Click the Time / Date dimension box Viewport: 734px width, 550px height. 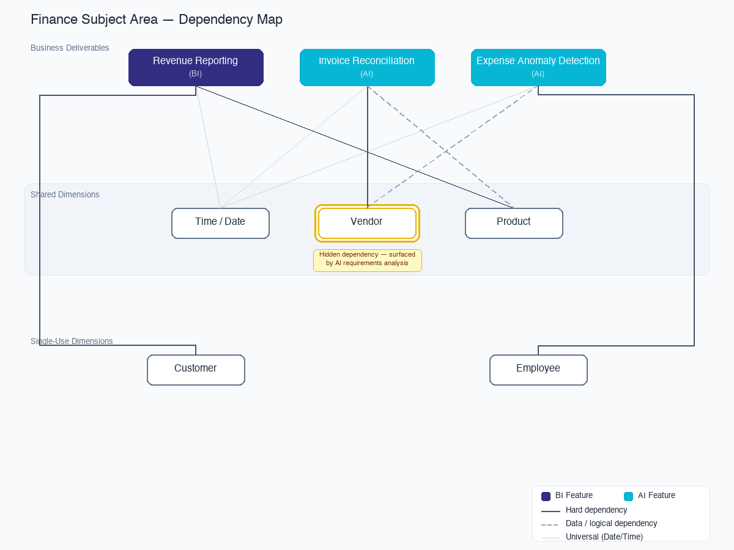(x=220, y=223)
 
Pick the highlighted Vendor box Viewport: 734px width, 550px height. (x=367, y=223)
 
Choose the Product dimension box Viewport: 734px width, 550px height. (x=514, y=223)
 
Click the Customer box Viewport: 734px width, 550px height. (x=196, y=370)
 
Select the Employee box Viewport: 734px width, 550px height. (x=538, y=370)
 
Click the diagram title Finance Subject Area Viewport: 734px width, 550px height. (x=157, y=20)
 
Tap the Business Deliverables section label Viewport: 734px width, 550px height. (x=70, y=48)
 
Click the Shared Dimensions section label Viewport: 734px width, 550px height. (x=65, y=194)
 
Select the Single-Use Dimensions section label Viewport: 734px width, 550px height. (x=72, y=341)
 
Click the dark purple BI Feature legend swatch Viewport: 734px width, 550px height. (x=546, y=496)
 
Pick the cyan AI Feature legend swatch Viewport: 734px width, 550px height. (x=628, y=496)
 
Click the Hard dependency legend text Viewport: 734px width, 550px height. (x=596, y=510)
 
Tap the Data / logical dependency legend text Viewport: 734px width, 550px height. (x=611, y=523)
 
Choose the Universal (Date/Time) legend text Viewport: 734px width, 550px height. (x=604, y=537)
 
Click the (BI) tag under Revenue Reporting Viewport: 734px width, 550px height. (x=196, y=73)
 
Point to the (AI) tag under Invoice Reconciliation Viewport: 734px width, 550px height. (x=367, y=73)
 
